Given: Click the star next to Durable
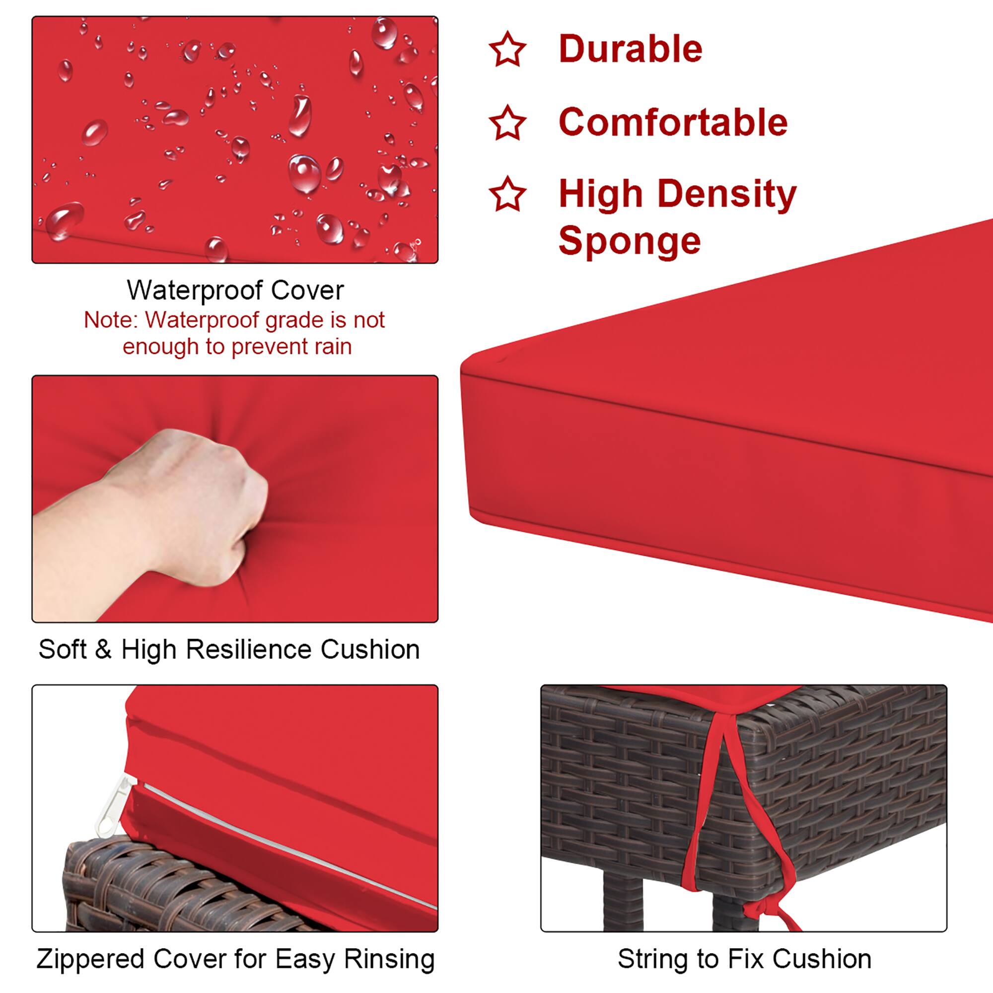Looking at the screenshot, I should (507, 49).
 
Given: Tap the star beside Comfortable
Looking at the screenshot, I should (507, 123).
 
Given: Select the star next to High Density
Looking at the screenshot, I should (507, 194).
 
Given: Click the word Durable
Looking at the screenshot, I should (630, 49).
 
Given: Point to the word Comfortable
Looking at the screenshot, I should (673, 123).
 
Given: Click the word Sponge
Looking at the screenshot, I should (630, 240).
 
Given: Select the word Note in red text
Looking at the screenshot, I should (109, 320).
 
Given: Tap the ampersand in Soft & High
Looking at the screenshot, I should (103, 649).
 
